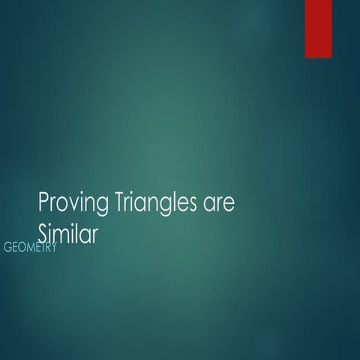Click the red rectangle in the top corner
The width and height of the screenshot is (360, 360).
coord(318,28)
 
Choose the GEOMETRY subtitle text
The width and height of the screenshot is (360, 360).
coord(30,247)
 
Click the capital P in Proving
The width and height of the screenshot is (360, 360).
coord(43,202)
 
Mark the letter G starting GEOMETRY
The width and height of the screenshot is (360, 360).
coord(8,247)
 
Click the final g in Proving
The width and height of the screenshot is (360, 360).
coord(103,208)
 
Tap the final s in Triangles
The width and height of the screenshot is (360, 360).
coord(192,205)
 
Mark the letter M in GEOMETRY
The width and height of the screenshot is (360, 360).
coord(34,247)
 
